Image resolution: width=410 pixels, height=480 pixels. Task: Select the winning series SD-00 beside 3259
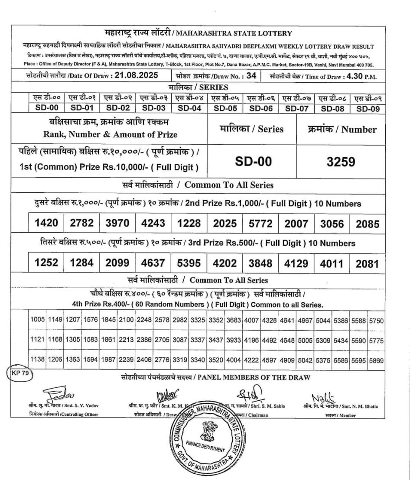point(253,162)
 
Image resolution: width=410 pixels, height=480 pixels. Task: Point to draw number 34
point(251,75)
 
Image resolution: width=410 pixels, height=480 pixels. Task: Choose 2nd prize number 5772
point(260,224)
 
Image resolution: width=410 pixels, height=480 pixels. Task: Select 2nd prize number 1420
point(46,224)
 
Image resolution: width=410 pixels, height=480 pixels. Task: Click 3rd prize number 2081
point(367,264)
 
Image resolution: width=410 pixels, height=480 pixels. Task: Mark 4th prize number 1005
point(37,320)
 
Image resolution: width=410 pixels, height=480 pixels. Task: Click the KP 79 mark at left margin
point(18,373)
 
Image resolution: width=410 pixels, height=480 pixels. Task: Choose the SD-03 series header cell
point(153,108)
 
